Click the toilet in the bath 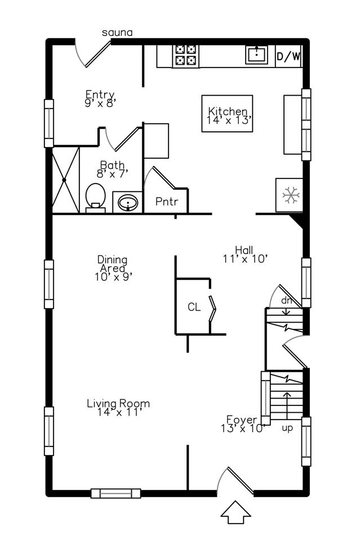click(x=95, y=198)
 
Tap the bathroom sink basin click(x=128, y=203)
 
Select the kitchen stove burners click(x=186, y=55)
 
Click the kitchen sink click(x=257, y=55)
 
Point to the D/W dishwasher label click(x=288, y=56)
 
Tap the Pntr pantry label click(x=167, y=202)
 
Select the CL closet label click(x=194, y=306)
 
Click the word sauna click(x=117, y=33)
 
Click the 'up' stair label click(x=287, y=428)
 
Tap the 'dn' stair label click(x=286, y=301)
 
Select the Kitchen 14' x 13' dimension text click(x=230, y=120)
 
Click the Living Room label click(x=118, y=403)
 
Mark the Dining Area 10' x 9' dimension click(x=114, y=276)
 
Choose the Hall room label click(x=245, y=249)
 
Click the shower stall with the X click(x=65, y=180)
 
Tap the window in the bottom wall click(x=115, y=493)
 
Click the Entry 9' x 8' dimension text click(x=100, y=103)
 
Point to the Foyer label click(x=242, y=420)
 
